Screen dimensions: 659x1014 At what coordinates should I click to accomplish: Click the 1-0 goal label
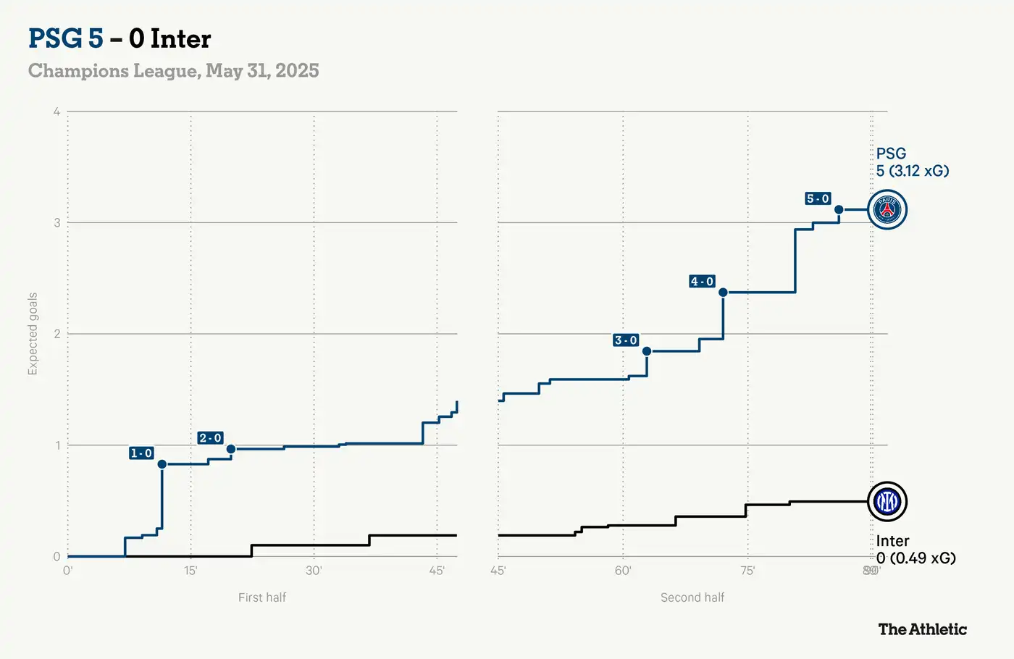[x=141, y=453]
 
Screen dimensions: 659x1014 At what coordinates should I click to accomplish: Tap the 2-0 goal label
[x=210, y=438]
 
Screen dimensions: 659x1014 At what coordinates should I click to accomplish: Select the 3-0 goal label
[x=626, y=340]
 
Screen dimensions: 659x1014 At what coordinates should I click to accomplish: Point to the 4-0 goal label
[x=702, y=282]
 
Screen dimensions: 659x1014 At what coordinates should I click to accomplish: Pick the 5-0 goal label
[x=818, y=198]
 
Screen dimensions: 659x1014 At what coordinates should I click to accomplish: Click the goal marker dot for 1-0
[x=162, y=464]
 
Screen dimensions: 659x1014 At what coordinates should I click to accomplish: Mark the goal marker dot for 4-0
[x=723, y=293]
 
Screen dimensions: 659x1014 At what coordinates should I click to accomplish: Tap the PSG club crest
[x=887, y=210]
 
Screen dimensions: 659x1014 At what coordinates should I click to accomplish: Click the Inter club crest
[x=887, y=501]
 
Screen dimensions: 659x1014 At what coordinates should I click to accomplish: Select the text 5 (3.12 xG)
[x=912, y=171]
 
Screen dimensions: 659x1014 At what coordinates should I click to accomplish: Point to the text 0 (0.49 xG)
[x=915, y=558]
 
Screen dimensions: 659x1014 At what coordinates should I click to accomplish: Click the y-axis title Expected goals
[x=33, y=334]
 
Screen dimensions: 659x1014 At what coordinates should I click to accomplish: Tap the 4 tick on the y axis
[x=56, y=112]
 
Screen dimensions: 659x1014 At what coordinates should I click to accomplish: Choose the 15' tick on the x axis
[x=190, y=571]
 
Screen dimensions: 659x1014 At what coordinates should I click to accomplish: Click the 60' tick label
[x=623, y=571]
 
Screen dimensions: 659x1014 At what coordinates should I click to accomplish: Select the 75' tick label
[x=747, y=571]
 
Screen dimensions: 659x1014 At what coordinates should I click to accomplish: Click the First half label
[x=262, y=597]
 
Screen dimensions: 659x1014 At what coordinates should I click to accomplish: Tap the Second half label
[x=692, y=597]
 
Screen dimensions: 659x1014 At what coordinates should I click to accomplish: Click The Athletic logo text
[x=922, y=629]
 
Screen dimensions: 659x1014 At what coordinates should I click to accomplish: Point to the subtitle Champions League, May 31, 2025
[x=174, y=71]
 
